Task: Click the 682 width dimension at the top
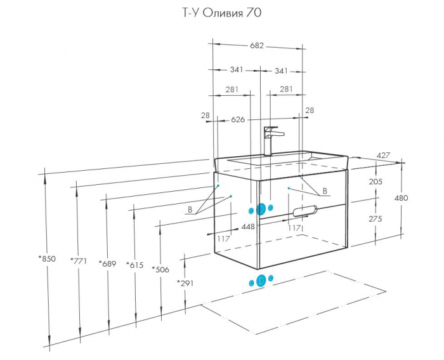[x=256, y=46]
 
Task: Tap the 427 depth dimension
[x=383, y=156]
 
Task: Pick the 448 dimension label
[x=247, y=227]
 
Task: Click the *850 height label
[x=47, y=258]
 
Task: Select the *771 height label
[x=78, y=260]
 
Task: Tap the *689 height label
[x=107, y=263]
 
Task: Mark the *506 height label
[x=160, y=269]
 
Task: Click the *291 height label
[x=185, y=283]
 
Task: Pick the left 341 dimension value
[x=237, y=70]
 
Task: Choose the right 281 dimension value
[x=286, y=90]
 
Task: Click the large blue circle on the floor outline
[x=260, y=281]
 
